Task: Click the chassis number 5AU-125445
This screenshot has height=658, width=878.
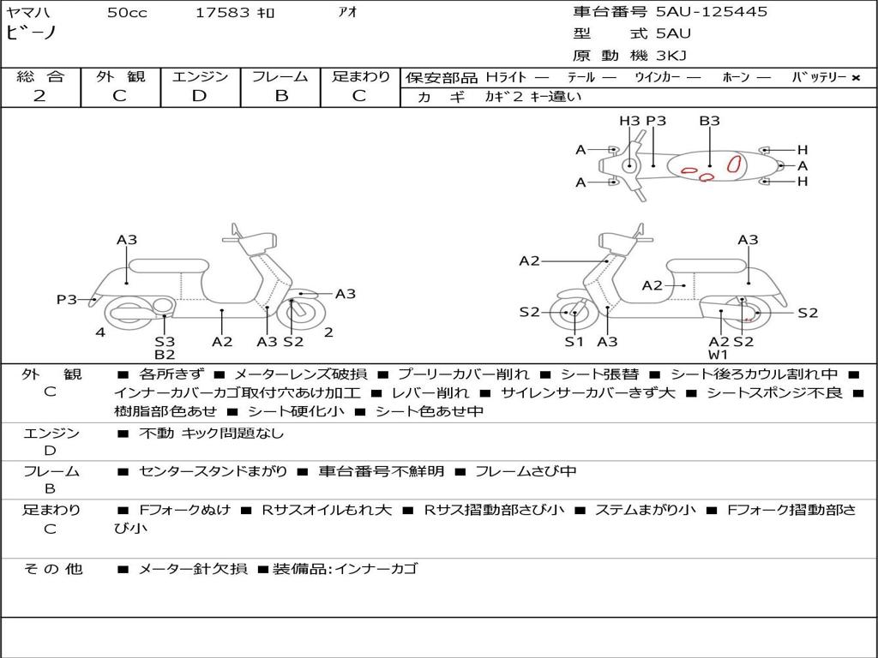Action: pyautogui.click(x=712, y=12)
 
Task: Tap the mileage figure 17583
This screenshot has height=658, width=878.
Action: pyautogui.click(x=223, y=13)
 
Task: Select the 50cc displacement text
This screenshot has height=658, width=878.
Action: pyautogui.click(x=127, y=13)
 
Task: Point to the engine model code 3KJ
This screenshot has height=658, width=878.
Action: pyautogui.click(x=672, y=56)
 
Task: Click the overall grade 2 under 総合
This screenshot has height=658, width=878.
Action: pyautogui.click(x=39, y=96)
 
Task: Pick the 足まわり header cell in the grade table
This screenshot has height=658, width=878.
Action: pyautogui.click(x=360, y=77)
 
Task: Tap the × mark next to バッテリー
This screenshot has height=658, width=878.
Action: pyautogui.click(x=856, y=78)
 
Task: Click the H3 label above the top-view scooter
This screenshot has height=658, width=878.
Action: pyautogui.click(x=629, y=121)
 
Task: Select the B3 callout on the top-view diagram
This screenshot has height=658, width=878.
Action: pyautogui.click(x=709, y=121)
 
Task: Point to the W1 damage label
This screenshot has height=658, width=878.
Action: pyautogui.click(x=718, y=355)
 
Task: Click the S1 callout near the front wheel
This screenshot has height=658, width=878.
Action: pyautogui.click(x=574, y=342)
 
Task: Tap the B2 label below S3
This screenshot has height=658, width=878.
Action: pyautogui.click(x=165, y=355)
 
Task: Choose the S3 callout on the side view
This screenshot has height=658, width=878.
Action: pyautogui.click(x=165, y=342)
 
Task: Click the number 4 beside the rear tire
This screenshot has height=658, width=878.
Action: pyautogui.click(x=100, y=332)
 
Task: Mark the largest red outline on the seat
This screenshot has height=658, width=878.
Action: pyautogui.click(x=733, y=164)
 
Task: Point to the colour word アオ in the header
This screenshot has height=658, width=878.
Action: pyautogui.click(x=347, y=13)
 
